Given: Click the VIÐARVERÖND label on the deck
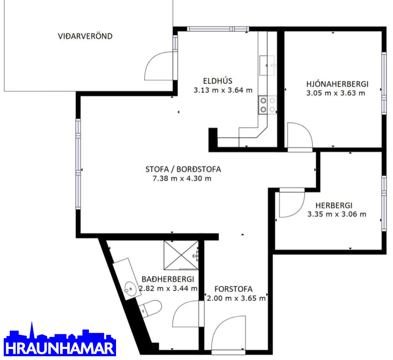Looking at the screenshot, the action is (x=85, y=36).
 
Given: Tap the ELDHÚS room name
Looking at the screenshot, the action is (x=217, y=81).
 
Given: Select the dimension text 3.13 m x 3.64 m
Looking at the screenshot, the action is (x=223, y=90).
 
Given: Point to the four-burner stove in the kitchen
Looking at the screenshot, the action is (x=268, y=105).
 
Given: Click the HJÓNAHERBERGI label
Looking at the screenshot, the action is (x=337, y=84).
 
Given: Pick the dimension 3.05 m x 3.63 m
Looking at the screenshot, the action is (x=336, y=93).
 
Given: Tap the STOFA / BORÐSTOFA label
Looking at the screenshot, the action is (x=183, y=169).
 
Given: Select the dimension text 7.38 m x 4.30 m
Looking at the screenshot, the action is (x=182, y=178).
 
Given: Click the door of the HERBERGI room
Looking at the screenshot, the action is (x=292, y=202).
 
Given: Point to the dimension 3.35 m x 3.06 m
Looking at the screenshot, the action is (x=337, y=214).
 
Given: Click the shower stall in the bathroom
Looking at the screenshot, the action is (x=181, y=255).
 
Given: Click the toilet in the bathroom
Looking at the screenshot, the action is (x=150, y=309).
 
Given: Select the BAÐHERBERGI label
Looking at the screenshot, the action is (x=168, y=279).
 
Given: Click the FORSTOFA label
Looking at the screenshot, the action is (x=233, y=289).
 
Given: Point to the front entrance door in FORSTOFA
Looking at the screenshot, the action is (x=228, y=335).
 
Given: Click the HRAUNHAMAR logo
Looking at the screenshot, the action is (x=60, y=339).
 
